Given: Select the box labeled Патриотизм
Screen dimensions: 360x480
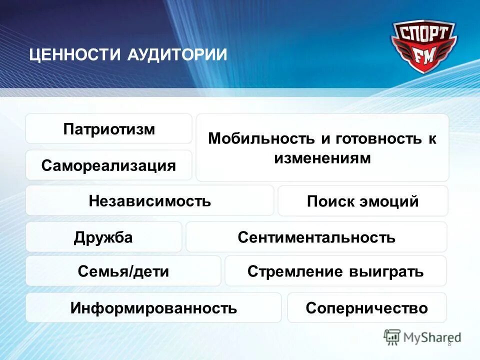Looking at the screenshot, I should (x=109, y=129).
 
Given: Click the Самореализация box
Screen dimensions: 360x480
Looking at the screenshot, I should (x=109, y=165).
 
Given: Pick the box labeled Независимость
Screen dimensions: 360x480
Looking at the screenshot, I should (x=149, y=201).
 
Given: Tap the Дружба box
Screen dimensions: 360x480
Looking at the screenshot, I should (x=103, y=237).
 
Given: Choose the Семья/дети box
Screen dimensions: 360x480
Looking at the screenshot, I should (x=123, y=271).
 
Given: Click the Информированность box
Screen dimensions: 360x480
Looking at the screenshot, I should (x=153, y=307).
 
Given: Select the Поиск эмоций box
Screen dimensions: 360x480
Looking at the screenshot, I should (x=362, y=201).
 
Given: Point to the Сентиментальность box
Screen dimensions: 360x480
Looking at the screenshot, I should (x=316, y=237).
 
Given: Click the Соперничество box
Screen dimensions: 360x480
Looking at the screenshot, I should (x=366, y=307).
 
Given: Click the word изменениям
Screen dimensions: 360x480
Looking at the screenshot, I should (x=322, y=158).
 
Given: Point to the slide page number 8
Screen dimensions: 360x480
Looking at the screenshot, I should (x=449, y=343).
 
